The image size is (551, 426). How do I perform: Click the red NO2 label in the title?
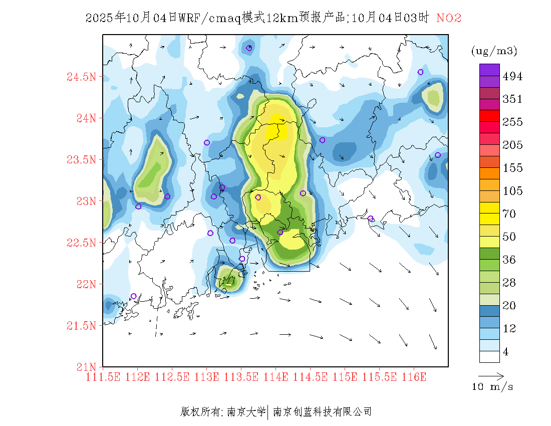[449, 18]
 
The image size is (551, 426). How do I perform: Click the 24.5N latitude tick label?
[81, 77]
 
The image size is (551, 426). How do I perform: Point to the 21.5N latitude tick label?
[81, 326]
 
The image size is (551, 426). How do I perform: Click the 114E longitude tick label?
[276, 377]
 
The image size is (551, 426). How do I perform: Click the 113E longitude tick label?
[207, 377]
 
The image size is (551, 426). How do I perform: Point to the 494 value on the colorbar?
[512, 76]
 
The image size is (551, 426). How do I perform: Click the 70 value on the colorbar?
[509, 214]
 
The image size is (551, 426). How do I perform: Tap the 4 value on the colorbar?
[506, 352]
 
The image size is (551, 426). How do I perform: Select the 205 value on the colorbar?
[512, 145]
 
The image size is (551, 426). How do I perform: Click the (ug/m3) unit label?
[494, 51]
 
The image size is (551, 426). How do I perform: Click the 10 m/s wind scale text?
[493, 387]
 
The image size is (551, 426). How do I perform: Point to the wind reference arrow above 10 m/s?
[491, 375]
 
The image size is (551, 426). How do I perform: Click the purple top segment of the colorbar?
[489, 70]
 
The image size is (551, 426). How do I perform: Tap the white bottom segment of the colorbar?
[489, 356]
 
